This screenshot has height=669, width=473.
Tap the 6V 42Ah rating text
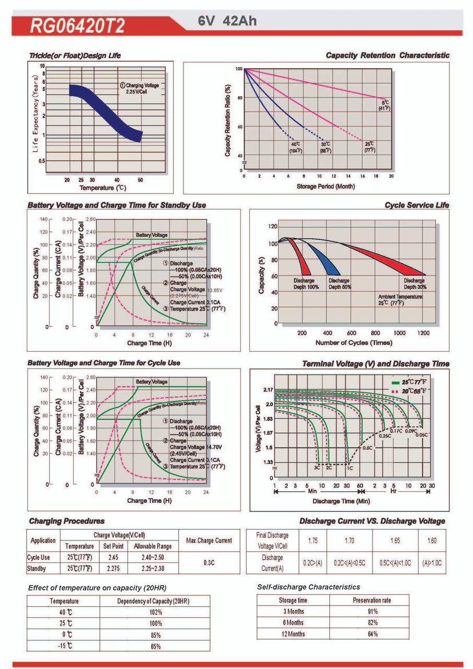[x=227, y=21]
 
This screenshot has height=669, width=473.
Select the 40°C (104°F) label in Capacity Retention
[x=295, y=147]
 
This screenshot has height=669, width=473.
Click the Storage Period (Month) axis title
[x=318, y=186]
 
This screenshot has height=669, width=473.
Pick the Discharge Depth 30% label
[x=414, y=284]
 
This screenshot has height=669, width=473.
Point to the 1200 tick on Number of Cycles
[x=423, y=332]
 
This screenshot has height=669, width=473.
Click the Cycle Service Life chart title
[x=417, y=205]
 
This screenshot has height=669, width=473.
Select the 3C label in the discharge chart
[x=317, y=468]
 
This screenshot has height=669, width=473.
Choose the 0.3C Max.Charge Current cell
[x=209, y=563]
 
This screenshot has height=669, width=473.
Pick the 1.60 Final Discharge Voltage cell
[x=432, y=540]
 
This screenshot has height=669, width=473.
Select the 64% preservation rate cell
[x=372, y=634]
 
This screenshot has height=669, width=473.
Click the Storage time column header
[x=293, y=600]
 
